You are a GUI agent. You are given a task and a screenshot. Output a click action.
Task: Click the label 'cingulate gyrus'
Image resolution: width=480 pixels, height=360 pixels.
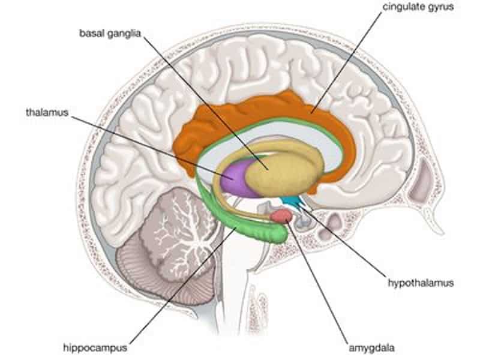[x=418, y=7]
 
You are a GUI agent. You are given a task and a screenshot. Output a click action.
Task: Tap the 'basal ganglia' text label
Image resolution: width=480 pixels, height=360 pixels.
[x=110, y=34]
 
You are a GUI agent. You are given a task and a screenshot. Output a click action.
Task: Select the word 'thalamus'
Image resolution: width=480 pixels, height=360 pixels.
[x=47, y=112]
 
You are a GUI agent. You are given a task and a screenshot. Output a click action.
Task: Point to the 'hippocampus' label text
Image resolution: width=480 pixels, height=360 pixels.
[x=95, y=348]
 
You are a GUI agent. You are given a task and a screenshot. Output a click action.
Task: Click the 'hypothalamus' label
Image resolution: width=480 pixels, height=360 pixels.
[x=421, y=283]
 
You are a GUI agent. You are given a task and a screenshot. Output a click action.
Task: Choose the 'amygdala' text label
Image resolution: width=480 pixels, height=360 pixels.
[x=371, y=348]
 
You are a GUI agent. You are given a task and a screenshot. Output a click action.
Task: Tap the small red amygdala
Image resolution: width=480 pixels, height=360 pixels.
[x=281, y=215]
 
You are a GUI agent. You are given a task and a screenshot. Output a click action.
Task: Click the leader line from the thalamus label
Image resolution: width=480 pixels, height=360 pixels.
[x=152, y=146]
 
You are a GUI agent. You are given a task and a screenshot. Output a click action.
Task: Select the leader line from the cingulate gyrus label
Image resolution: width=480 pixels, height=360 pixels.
[x=347, y=63]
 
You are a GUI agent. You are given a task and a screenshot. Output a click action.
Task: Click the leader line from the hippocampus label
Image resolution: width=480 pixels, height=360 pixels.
[x=183, y=286]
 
